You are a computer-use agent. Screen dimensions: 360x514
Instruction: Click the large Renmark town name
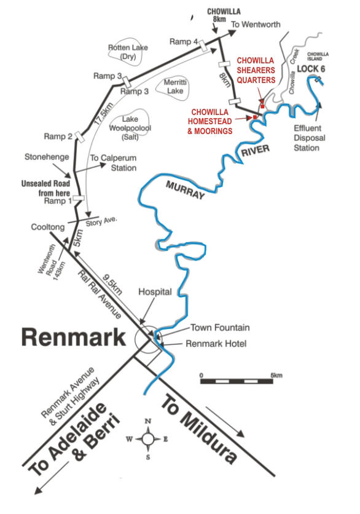[x=74, y=338]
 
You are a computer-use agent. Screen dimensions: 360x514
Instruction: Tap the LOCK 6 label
[x=311, y=69]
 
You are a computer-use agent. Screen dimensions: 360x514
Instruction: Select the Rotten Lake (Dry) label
[x=128, y=52]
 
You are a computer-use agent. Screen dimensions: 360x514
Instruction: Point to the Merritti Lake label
[x=175, y=87]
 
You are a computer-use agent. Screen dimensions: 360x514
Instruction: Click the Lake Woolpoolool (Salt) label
[x=130, y=128]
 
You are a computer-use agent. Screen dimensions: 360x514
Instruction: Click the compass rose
[x=147, y=438]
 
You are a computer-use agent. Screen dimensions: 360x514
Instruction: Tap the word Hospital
[x=155, y=291]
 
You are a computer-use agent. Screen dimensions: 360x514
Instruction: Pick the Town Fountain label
[x=220, y=328]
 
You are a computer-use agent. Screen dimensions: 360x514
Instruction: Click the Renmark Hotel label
[x=216, y=344]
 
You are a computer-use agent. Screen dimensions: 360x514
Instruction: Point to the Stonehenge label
[x=47, y=157]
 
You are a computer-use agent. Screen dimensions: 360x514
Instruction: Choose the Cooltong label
[x=48, y=227]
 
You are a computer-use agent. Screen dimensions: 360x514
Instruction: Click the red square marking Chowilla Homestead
[x=254, y=117]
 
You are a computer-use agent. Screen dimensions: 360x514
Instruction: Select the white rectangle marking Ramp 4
[x=203, y=45]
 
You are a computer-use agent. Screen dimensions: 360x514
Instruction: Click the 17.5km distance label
[x=104, y=113]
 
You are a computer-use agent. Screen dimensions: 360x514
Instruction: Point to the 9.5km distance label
[x=112, y=284]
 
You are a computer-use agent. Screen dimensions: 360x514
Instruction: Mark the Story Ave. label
[x=101, y=221]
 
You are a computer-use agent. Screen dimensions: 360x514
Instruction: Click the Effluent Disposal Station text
[x=308, y=138]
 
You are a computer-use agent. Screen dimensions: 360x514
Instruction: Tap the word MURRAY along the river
[x=185, y=190]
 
